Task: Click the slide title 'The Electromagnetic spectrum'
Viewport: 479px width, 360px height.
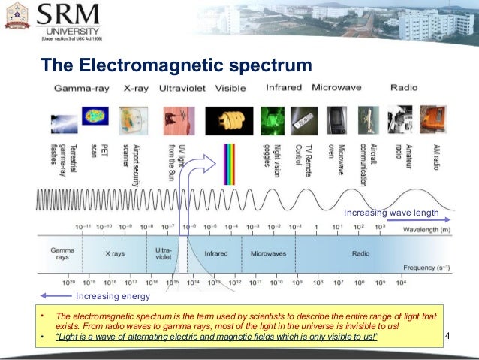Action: click(176, 65)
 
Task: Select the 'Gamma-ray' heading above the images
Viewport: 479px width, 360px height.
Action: click(81, 88)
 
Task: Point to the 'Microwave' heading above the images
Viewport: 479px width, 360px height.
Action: click(336, 88)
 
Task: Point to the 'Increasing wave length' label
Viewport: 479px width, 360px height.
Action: click(390, 213)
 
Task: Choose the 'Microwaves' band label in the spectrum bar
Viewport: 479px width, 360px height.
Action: click(268, 253)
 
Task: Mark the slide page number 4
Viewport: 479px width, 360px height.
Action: click(448, 334)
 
